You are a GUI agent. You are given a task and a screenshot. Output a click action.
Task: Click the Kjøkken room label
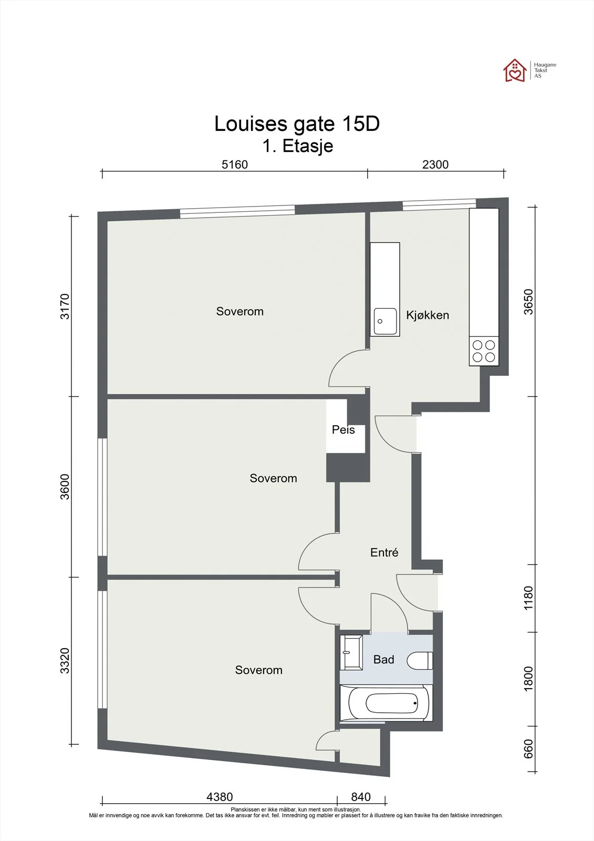tap(428, 315)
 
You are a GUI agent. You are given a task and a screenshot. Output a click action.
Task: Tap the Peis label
tap(343, 429)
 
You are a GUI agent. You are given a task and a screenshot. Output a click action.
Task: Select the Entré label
tap(384, 552)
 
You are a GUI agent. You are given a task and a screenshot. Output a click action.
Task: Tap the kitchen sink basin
tap(385, 321)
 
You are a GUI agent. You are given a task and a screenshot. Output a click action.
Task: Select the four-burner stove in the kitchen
tap(484, 351)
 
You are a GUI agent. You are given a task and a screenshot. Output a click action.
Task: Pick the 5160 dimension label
tap(235, 165)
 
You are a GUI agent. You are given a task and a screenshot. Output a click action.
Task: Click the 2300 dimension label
tap(435, 165)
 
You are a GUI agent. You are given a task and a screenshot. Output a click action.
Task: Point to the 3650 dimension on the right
tap(528, 302)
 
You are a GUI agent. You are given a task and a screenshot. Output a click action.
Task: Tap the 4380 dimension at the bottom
tap(220, 797)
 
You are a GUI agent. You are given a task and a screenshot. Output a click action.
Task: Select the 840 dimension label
tap(361, 797)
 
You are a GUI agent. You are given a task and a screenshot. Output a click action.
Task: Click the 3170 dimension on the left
tap(65, 306)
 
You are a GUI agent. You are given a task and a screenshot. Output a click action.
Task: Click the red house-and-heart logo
tap(515, 70)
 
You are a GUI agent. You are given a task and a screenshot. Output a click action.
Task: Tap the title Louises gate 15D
tap(297, 124)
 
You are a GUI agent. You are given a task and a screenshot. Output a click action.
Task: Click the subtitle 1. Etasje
tap(298, 146)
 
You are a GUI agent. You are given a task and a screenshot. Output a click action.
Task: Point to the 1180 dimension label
tap(528, 598)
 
